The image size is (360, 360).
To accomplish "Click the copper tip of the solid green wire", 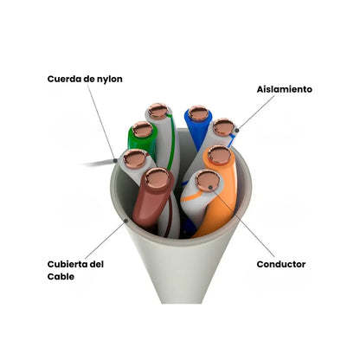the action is [142, 130].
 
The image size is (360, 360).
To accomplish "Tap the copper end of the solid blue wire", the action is [198, 113].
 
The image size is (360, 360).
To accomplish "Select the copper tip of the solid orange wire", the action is [219, 155].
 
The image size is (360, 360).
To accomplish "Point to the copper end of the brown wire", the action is [157, 178].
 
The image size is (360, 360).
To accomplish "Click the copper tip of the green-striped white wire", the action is [157, 111].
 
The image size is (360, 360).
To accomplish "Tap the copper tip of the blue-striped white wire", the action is [224, 127].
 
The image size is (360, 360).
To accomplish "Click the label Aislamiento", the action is [285, 89].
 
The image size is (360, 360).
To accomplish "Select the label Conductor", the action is [281, 264].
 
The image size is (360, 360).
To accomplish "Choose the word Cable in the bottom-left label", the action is [61, 277].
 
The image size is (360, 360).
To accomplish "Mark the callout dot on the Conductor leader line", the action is [210, 187].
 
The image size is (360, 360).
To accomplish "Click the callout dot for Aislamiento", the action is [236, 131].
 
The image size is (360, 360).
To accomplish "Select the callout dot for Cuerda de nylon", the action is [115, 160].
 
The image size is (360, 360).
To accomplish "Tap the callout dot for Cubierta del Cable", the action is [125, 221].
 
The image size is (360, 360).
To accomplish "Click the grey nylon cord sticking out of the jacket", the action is [100, 163].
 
